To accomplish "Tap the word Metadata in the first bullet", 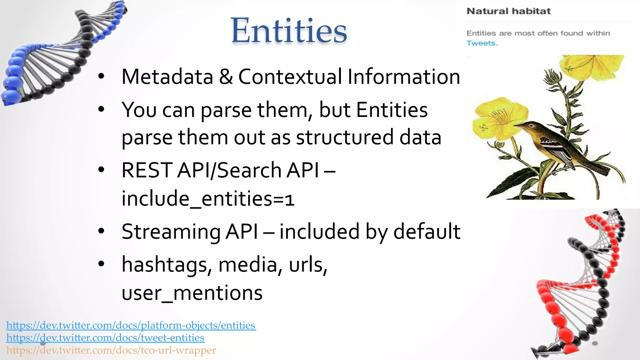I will pos(167,77).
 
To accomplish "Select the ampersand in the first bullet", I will pos(226,77).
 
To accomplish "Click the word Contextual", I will pos(290,77).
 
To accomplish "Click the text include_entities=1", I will pos(208,199).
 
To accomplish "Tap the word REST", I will pos(147,171).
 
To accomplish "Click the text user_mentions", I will pos(192,293).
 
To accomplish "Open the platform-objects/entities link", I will pos(131,325).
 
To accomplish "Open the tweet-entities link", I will pos(105,338).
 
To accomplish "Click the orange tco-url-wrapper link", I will pos(111,350).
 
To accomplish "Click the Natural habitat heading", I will pos(508,11).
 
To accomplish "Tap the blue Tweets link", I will pos(481,43).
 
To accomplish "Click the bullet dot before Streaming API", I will pos(101,231).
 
